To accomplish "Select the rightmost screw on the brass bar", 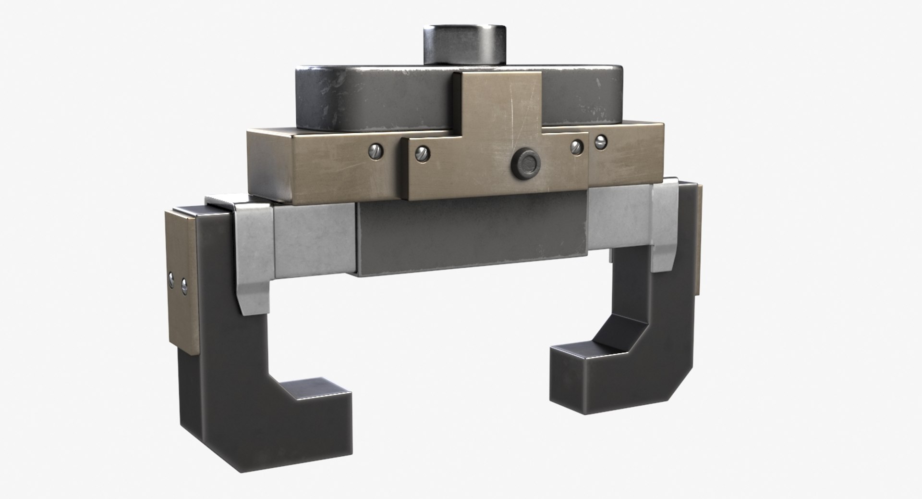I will (600, 141).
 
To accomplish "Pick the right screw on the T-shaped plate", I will (577, 146).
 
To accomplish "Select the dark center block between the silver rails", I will (471, 238).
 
